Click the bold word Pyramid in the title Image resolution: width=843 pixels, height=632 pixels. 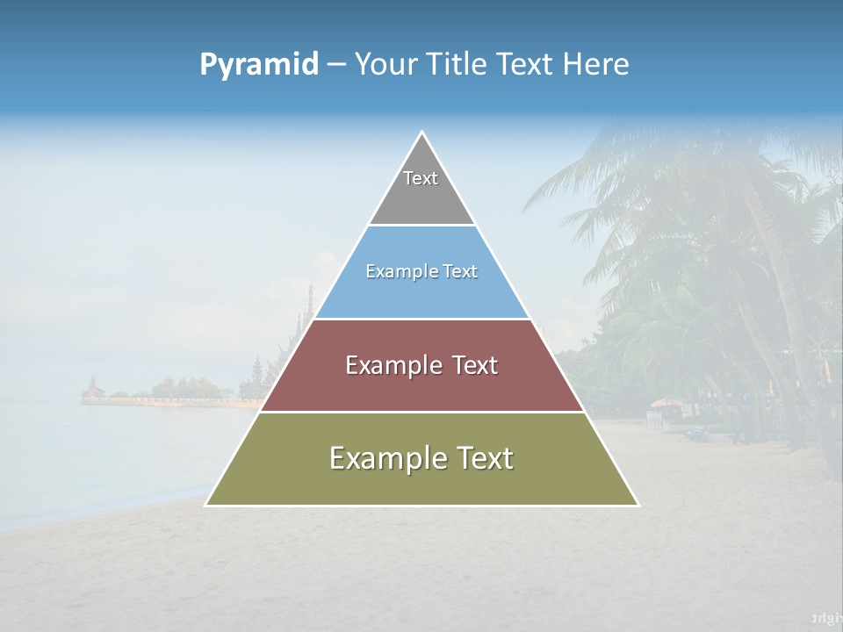click(259, 65)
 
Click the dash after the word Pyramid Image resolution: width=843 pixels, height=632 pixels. click(335, 65)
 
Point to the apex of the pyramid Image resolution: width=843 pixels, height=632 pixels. click(422, 133)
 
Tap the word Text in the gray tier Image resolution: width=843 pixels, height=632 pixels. click(421, 178)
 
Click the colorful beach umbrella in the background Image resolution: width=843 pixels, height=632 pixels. click(665, 404)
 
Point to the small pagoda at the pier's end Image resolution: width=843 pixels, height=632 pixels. click(91, 387)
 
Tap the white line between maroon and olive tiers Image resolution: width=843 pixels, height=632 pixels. click(421, 412)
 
